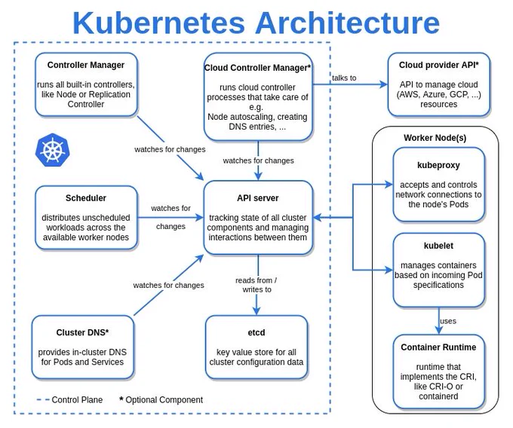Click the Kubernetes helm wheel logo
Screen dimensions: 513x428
[52, 150]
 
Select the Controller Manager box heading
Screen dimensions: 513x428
[86, 65]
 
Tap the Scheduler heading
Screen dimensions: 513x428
[86, 198]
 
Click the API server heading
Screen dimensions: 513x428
[258, 198]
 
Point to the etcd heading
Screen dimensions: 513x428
[256, 332]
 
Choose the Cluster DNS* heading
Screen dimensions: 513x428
[82, 332]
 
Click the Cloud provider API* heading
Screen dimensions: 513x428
[439, 65]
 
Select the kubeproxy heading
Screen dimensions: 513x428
[438, 165]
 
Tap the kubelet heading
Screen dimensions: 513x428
[438, 246]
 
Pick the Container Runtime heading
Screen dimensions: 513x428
[438, 347]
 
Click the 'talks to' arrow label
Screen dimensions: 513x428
[344, 78]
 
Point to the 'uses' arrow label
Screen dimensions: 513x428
[448, 321]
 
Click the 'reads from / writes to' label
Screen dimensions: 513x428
[256, 285]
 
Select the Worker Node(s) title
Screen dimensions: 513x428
[435, 138]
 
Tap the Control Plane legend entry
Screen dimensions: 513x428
[69, 400]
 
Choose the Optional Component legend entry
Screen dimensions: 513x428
[161, 400]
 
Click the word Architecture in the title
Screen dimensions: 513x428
[348, 23]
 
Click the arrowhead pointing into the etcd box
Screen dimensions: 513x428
[256, 310]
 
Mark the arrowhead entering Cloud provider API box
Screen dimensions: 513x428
[383, 84]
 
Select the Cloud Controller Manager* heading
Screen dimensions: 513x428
[257, 68]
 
